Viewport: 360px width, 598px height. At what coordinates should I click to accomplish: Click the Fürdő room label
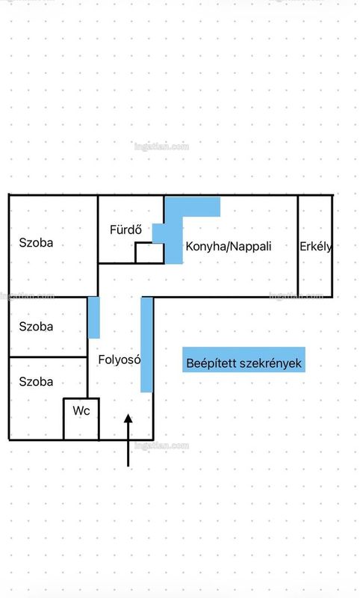125,229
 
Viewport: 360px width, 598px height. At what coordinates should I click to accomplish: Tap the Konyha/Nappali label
229,247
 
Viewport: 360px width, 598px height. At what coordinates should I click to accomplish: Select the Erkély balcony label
316,247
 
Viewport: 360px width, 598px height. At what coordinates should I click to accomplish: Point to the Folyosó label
120,360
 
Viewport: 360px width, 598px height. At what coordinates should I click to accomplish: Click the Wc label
81,410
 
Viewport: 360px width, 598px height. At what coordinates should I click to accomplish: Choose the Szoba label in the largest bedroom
36,243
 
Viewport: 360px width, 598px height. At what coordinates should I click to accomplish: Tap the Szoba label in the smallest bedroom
36,327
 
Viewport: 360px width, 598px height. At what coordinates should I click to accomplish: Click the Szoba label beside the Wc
36,382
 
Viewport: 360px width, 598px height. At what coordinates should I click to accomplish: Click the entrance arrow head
128,419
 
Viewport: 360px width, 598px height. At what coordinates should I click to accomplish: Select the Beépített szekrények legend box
243,360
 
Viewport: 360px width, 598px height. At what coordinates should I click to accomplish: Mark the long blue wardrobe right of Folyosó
146,345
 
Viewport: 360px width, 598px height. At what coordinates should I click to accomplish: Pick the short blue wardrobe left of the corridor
93,317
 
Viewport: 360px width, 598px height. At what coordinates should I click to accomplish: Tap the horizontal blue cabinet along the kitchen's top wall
193,206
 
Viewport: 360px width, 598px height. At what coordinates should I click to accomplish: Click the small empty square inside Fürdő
149,253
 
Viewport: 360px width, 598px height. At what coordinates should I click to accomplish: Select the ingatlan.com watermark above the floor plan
161,147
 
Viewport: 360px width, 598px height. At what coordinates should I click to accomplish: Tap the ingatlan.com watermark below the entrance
161,446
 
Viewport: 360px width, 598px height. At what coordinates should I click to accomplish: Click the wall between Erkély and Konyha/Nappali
298,247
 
